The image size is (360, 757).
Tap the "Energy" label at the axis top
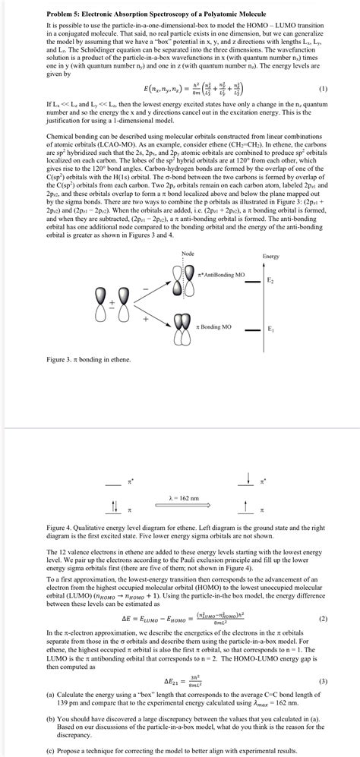point(270,256)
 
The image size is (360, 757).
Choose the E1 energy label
point(270,329)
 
